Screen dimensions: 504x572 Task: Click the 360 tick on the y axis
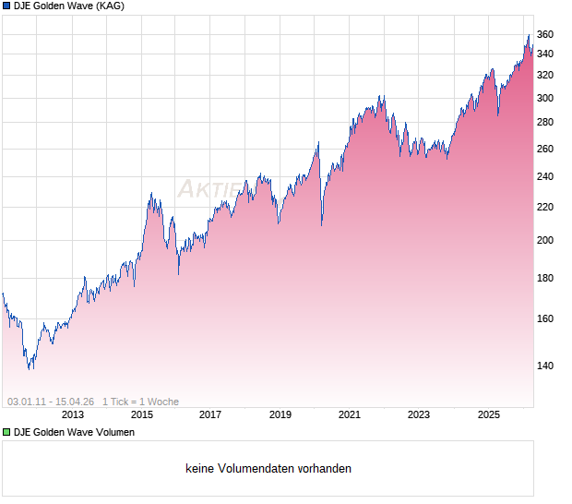click(545, 35)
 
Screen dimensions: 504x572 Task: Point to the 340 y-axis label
click(545, 54)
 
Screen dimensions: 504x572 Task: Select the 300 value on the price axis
click(545, 99)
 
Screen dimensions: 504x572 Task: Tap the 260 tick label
click(545, 150)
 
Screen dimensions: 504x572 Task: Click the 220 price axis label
click(545, 208)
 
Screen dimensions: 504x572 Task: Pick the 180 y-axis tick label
click(545, 279)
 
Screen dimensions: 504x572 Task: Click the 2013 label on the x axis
click(72, 415)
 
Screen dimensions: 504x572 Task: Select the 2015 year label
click(141, 415)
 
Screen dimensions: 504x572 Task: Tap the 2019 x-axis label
click(280, 415)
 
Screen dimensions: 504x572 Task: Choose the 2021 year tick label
click(350, 415)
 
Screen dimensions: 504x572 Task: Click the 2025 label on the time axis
click(488, 415)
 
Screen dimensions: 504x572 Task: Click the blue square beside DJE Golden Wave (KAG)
click(7, 6)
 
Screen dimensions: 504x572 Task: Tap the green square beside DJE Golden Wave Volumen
click(7, 432)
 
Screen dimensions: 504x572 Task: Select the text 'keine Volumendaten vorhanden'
click(268, 469)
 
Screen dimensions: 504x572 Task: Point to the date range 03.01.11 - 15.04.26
click(51, 402)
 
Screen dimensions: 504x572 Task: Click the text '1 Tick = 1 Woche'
click(140, 402)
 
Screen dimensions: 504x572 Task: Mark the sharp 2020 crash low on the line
click(321, 224)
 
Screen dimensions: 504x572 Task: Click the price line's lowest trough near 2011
click(30, 368)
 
